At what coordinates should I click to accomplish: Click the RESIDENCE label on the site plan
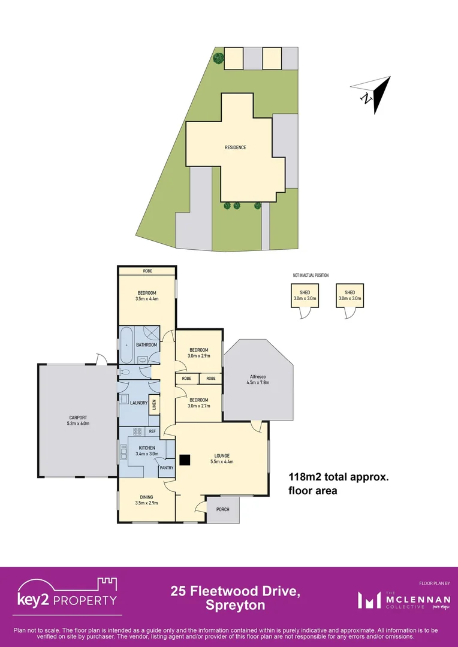[235, 147]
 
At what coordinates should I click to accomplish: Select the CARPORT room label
[78, 421]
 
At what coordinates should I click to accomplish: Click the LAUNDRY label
[139, 403]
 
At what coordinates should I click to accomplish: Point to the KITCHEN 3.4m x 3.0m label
[147, 451]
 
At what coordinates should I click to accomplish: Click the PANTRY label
[166, 468]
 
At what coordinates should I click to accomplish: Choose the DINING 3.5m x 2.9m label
[146, 500]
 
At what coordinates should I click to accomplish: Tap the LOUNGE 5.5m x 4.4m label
[221, 458]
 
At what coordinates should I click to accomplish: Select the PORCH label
[223, 509]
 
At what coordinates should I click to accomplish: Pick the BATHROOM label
[146, 345]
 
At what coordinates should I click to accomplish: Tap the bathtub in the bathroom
[126, 346]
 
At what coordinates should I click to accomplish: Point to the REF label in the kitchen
[152, 431]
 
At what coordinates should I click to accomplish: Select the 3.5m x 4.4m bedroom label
[146, 295]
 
